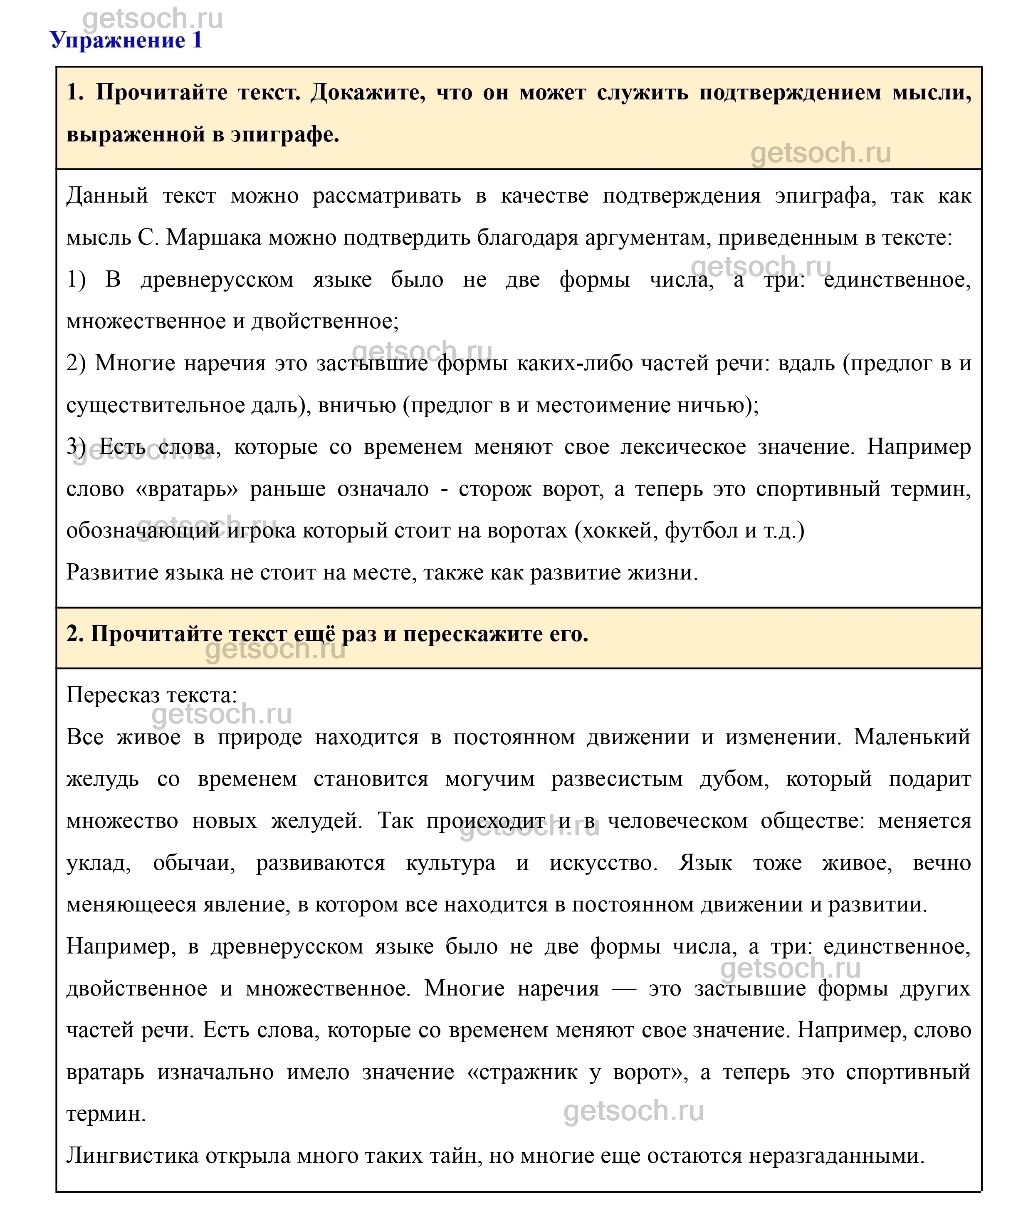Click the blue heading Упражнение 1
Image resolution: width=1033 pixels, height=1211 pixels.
coord(126,40)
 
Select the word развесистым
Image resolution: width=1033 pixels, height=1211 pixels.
coord(617,779)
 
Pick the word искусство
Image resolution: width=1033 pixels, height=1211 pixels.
coord(603,863)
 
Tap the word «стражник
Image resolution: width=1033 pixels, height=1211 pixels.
coord(522,1072)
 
